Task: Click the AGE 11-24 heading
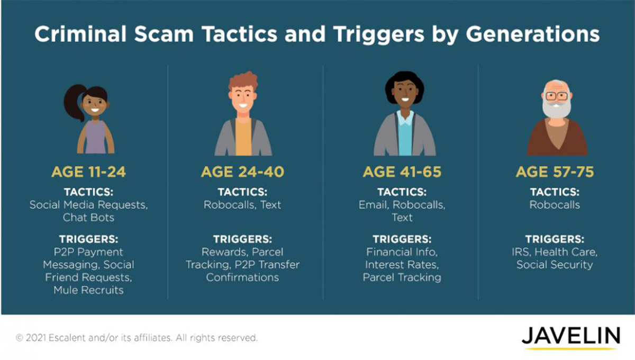click(88, 172)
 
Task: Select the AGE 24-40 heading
click(242, 172)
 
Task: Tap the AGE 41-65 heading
click(402, 172)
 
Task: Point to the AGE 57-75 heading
click(555, 172)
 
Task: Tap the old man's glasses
click(557, 96)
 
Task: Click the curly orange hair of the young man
click(243, 82)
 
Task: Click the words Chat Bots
click(88, 218)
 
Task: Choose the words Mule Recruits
click(88, 290)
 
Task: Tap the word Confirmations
click(242, 277)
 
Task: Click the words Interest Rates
click(402, 265)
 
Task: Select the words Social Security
click(555, 265)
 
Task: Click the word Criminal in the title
click(80, 34)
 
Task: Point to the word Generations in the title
click(533, 34)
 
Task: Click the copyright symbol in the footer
click(19, 338)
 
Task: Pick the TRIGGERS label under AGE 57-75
click(555, 239)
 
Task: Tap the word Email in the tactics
click(373, 205)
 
